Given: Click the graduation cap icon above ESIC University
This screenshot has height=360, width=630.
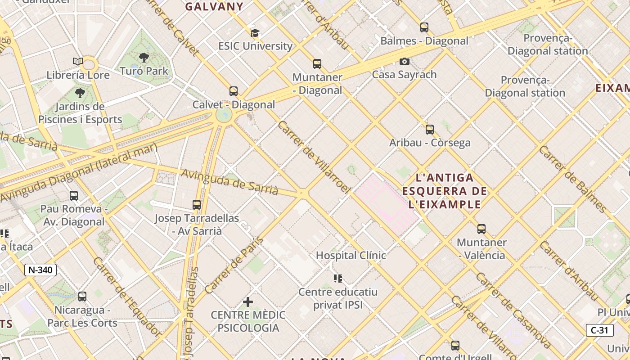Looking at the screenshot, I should click(x=255, y=33).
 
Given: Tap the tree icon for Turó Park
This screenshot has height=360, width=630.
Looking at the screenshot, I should click(x=144, y=58).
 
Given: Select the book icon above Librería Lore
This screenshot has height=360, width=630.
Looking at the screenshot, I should click(x=78, y=62).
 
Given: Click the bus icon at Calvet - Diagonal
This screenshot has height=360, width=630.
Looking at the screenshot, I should click(x=233, y=91).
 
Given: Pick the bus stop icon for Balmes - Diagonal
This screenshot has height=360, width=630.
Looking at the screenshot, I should click(x=424, y=27).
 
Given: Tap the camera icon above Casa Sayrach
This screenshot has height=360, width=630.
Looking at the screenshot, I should click(x=404, y=61).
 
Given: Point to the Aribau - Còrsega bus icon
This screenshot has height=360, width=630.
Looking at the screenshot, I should click(x=430, y=130).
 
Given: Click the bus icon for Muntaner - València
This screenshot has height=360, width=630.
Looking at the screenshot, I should click(x=481, y=229).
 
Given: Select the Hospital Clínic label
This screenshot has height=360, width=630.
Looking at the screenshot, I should click(x=351, y=256).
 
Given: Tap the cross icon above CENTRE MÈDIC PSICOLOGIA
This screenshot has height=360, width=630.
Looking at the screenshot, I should click(x=247, y=301).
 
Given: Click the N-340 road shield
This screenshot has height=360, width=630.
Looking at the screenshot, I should click(x=40, y=270).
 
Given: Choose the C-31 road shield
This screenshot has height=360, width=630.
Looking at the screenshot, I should click(x=599, y=330).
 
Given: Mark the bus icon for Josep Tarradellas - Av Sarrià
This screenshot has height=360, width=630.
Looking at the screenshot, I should click(x=197, y=205).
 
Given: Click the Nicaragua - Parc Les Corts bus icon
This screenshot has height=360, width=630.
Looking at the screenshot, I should click(x=82, y=297).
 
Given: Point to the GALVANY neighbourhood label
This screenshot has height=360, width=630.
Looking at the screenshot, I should click(x=214, y=7).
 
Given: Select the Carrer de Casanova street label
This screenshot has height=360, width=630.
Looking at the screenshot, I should click(x=513, y=310).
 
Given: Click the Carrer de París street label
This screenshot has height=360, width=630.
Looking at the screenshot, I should click(x=234, y=265).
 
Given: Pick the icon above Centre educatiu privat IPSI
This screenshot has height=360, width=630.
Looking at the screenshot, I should click(x=338, y=279).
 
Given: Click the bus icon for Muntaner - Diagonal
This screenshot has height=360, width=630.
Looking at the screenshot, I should click(x=317, y=64).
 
